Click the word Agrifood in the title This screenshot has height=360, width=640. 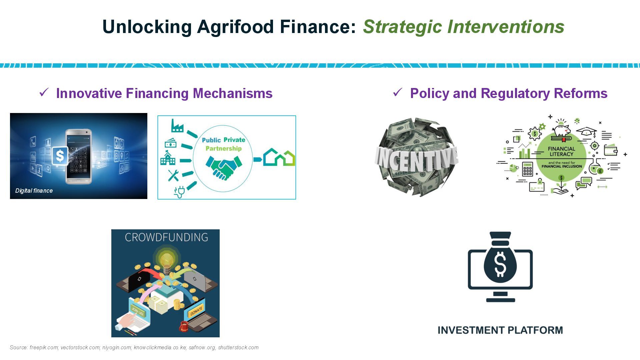[235, 27]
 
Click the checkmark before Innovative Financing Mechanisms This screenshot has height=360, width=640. [44, 92]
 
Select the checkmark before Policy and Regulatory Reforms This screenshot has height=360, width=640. [398, 92]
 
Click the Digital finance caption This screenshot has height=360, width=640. [34, 191]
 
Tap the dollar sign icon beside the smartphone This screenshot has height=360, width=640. [60, 156]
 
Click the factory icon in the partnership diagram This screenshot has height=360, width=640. [177, 126]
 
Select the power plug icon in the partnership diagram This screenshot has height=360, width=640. [179, 192]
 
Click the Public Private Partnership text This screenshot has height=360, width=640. [224, 144]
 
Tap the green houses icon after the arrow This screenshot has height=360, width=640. [279, 157]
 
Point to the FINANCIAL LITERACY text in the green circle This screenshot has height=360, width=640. [562, 151]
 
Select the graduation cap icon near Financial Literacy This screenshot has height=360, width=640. [586, 132]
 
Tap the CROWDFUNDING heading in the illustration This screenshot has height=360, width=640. [166, 237]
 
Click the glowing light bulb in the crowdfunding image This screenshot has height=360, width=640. [166, 260]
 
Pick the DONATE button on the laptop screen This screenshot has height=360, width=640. [196, 311]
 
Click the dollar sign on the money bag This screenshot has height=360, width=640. [500, 264]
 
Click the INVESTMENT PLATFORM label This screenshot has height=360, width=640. [500, 330]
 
